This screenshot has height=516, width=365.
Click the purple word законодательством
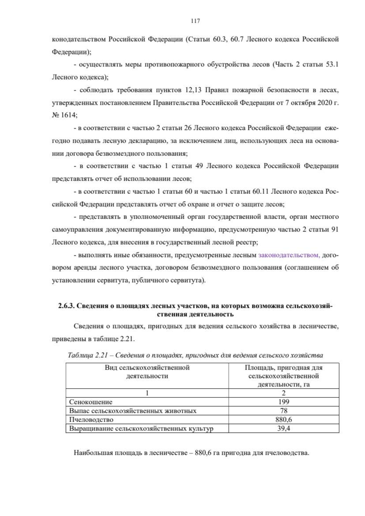[289, 255]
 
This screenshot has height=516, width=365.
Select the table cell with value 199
[283, 402]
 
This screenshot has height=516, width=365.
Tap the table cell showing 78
[283, 410]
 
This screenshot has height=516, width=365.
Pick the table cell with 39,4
[283, 428]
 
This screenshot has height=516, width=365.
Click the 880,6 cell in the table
[283, 420]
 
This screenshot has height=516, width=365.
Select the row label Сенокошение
[91, 402]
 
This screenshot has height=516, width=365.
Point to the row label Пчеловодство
[91, 420]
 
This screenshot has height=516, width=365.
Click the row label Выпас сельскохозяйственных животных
[133, 410]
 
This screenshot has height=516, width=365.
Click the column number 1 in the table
[147, 393]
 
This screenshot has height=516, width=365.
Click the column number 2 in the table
[283, 393]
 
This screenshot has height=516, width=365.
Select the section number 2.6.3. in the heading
[66, 306]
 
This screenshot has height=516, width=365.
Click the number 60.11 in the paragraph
[260, 191]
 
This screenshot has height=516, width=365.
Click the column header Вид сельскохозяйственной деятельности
[147, 372]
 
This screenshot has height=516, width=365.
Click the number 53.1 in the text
[332, 64]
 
